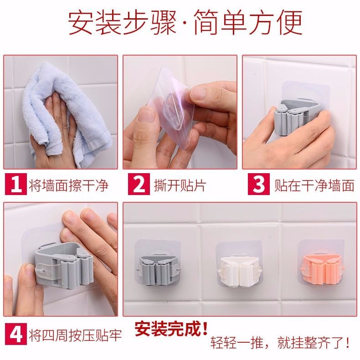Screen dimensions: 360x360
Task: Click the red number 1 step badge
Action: point(15,184)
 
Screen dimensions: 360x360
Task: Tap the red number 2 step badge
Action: point(139,184)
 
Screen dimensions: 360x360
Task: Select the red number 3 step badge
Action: point(258,184)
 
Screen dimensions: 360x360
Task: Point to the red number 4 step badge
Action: point(15,334)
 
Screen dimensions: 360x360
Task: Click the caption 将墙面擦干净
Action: point(68,185)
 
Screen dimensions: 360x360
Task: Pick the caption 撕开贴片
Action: point(180,185)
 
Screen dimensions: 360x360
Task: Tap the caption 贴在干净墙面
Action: point(314,185)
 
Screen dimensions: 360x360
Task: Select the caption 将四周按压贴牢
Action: point(75,335)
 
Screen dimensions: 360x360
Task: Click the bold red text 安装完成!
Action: point(171,329)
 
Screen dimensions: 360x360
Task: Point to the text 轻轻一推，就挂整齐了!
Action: point(280,343)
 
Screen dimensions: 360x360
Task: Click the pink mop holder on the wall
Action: point(322,269)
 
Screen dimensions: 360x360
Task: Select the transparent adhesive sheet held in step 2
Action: point(171,108)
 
